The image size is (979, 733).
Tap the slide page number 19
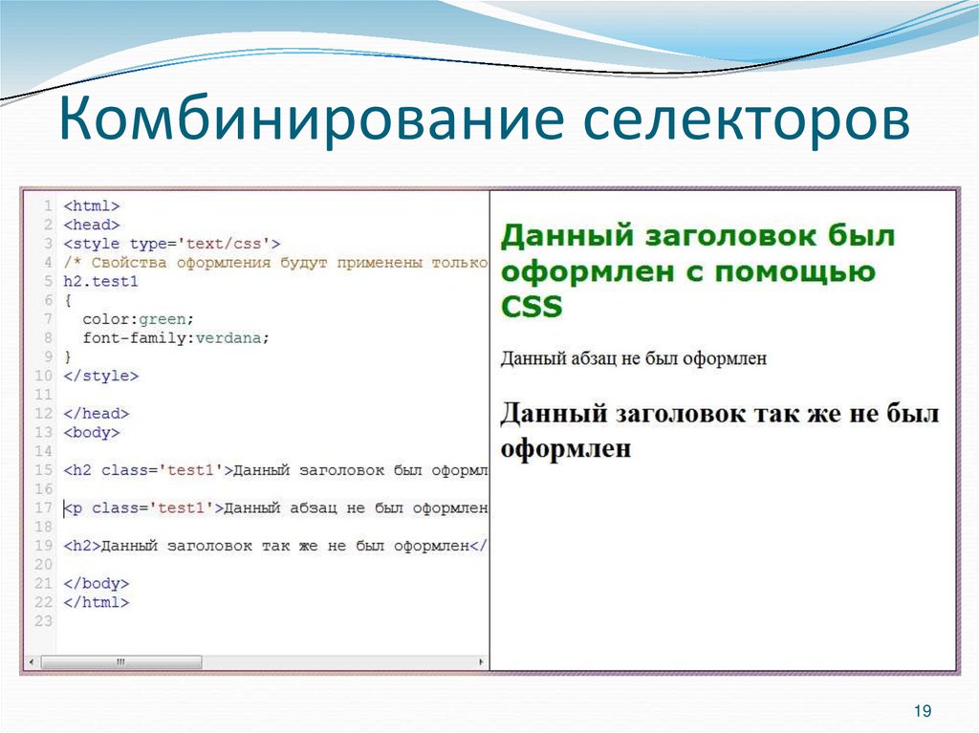922,711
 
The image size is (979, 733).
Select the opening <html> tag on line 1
91,206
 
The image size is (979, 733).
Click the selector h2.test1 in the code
100,282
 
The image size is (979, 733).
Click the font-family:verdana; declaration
176,338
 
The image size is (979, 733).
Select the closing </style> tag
100,377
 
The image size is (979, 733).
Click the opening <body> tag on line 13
91,433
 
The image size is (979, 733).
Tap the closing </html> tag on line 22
96,603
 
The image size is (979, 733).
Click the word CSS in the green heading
532,307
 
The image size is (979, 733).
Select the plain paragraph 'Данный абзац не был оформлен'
633,359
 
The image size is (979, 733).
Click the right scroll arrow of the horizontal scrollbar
481,661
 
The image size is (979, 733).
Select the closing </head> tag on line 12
96,414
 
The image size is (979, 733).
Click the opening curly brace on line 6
67,300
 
